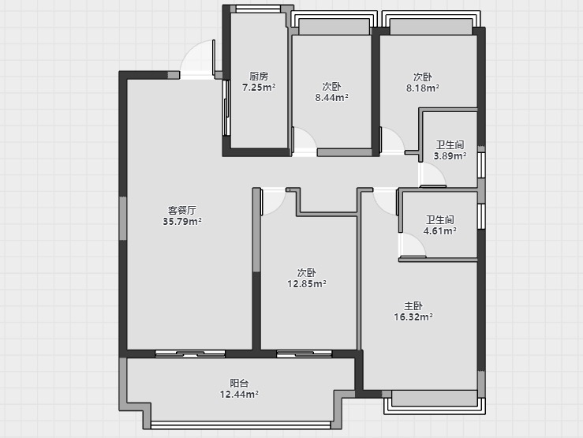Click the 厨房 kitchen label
(259, 77)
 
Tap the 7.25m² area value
(259, 88)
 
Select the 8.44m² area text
(331, 97)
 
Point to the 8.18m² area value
(423, 88)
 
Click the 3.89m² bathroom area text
(450, 155)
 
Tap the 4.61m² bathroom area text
(440, 231)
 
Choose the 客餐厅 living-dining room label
(181, 211)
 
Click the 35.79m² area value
(182, 222)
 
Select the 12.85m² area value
(307, 284)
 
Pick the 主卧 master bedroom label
(413, 306)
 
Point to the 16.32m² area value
(413, 317)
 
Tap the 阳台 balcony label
(239, 383)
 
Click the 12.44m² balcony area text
(239, 394)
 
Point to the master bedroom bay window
(435, 402)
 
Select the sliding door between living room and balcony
(190, 354)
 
